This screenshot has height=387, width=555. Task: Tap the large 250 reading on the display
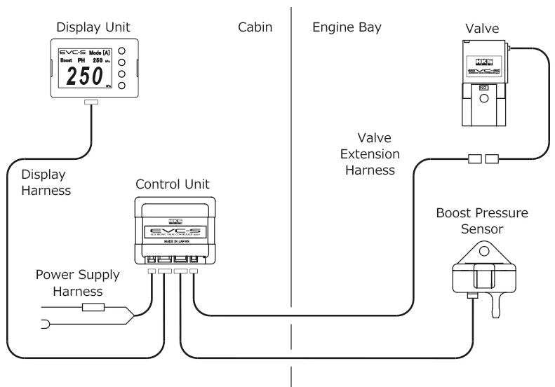(x=84, y=77)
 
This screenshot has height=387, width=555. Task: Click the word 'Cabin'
(x=254, y=27)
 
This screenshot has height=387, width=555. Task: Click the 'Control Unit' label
(x=173, y=185)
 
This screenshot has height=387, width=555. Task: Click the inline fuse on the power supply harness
(x=93, y=306)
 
